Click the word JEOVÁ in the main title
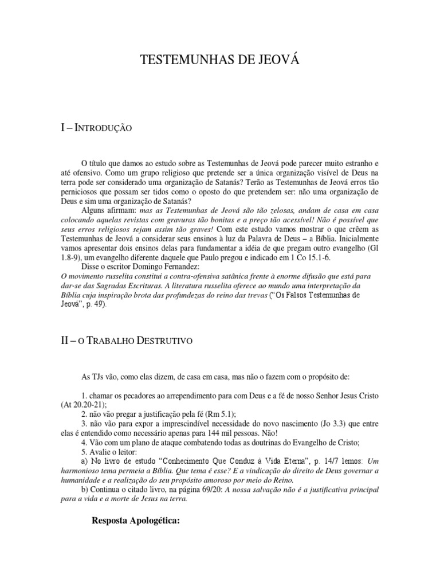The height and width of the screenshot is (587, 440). [x=278, y=60]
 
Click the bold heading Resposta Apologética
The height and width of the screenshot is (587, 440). [x=136, y=521]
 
